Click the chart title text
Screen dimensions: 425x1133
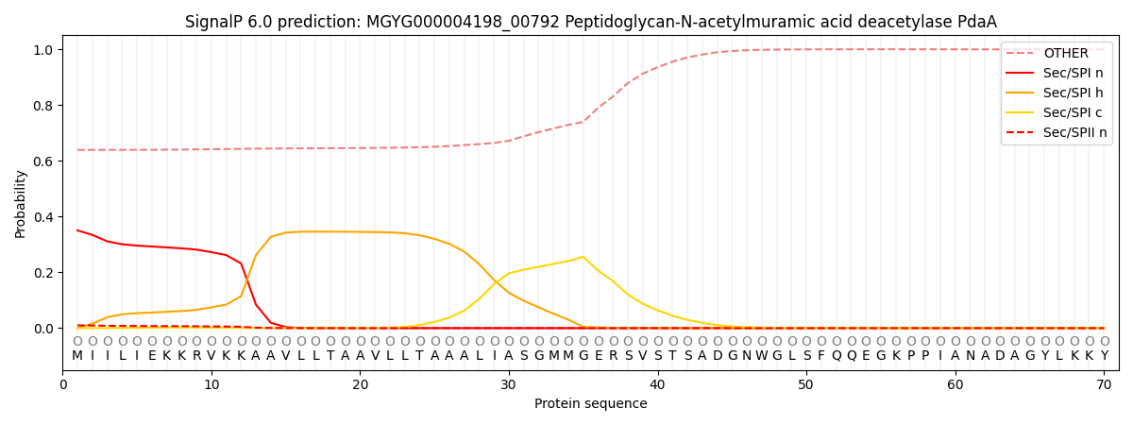pos(590,22)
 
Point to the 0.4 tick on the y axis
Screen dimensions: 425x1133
pos(44,217)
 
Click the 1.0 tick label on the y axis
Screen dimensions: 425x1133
pos(44,50)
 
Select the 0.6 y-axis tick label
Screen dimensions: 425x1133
pos(44,161)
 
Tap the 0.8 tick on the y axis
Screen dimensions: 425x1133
pos(44,106)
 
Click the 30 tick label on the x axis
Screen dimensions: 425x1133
pos(508,384)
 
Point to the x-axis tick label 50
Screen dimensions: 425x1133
pos(805,384)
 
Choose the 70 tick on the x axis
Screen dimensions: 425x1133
pos(1104,384)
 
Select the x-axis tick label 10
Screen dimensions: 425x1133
pos(211,384)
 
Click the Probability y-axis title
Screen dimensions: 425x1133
pos(21,203)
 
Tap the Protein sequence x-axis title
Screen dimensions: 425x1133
pos(590,404)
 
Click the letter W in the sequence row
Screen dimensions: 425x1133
pos(761,356)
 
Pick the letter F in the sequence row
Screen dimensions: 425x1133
pos(820,356)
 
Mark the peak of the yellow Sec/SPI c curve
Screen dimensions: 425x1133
pos(583,257)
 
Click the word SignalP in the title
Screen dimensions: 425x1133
pos(212,22)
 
